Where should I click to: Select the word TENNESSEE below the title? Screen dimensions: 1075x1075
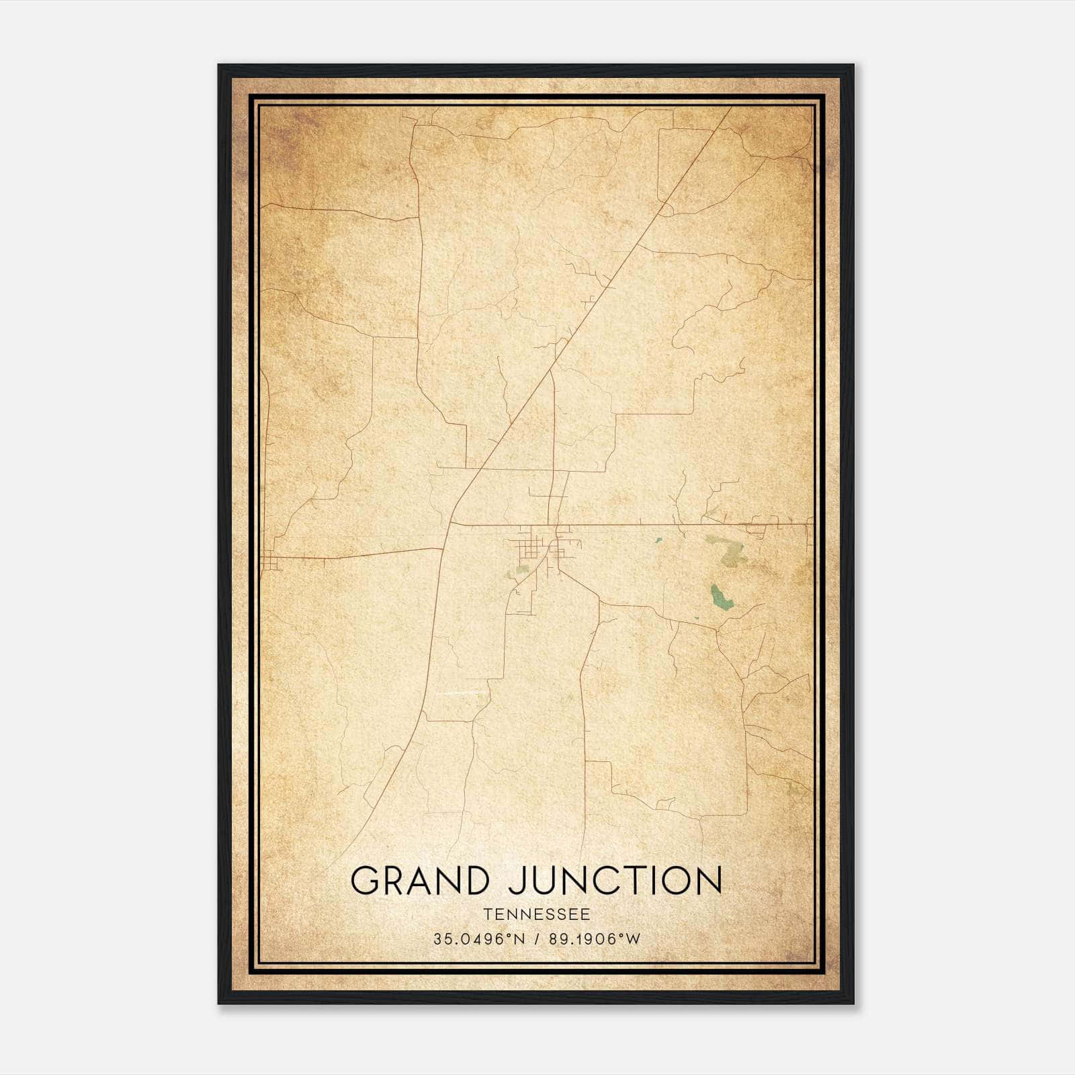[536, 914]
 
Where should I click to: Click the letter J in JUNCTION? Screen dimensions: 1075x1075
[517, 881]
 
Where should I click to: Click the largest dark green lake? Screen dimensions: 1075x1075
[722, 597]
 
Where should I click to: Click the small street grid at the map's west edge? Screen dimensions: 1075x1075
[270, 560]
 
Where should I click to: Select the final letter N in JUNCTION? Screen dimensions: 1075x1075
[707, 880]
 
